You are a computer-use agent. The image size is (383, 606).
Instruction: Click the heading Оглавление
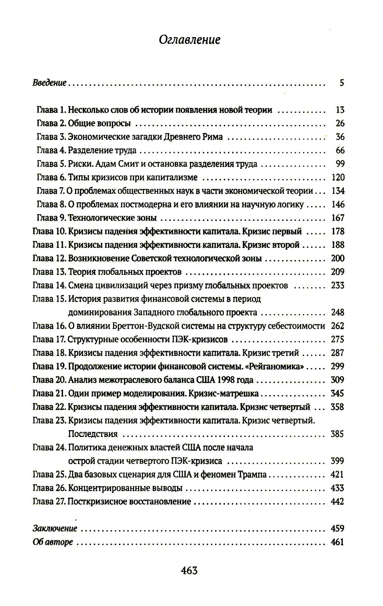point(189,40)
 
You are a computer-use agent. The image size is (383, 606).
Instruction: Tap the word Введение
point(50,83)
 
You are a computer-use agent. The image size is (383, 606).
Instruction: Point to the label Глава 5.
point(51,164)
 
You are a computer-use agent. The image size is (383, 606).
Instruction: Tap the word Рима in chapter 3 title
point(212,137)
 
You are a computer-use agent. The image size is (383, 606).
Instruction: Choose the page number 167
point(337,218)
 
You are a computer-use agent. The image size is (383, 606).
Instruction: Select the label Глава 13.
point(49,272)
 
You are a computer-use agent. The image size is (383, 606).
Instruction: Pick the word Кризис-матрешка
point(224,393)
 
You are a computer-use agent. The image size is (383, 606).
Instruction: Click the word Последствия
point(93,434)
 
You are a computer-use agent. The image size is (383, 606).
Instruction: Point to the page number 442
point(337,501)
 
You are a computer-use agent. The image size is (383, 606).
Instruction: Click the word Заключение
point(55,529)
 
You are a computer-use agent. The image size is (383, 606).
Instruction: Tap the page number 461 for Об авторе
point(337,542)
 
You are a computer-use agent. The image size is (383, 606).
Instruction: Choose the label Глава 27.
point(49,501)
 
